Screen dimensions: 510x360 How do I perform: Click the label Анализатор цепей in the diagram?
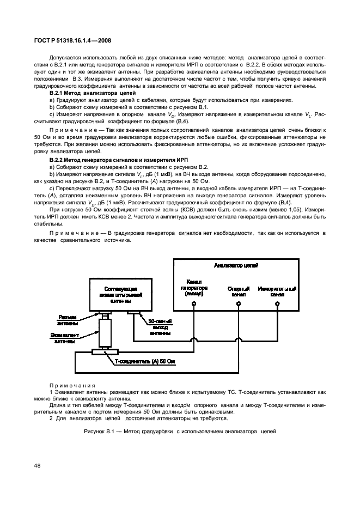coord(236,266)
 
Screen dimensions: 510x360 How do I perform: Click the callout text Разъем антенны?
coord(68,319)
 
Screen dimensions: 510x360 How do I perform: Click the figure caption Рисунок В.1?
coord(180,432)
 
